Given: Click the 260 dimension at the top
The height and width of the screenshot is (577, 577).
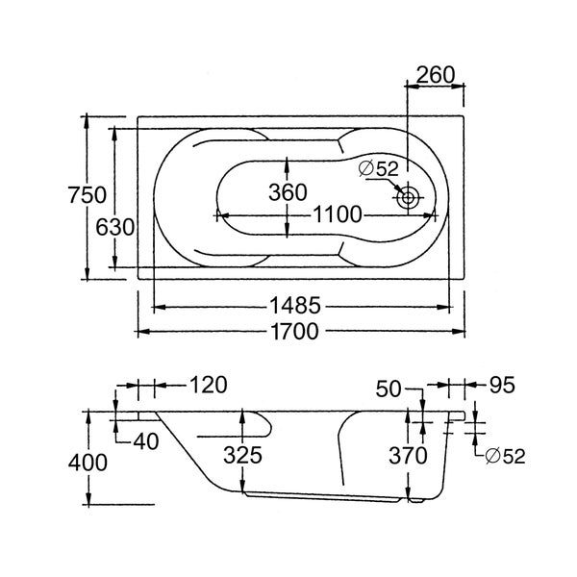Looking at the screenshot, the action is (x=436, y=75).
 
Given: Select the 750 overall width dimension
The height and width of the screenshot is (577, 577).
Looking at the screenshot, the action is (x=88, y=195).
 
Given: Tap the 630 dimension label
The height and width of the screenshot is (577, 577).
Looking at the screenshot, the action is (x=114, y=227).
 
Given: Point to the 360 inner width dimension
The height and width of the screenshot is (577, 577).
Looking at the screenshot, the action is (x=288, y=192).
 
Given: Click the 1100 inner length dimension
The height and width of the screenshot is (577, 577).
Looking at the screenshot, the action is (x=338, y=214).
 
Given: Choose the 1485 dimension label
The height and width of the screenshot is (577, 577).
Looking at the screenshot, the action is (x=295, y=306).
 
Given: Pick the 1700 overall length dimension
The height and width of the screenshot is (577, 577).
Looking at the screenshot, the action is (x=294, y=332).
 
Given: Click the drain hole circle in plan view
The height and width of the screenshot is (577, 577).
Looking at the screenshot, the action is (x=408, y=198).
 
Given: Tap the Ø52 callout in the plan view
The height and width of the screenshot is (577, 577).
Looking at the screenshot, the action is (x=379, y=169).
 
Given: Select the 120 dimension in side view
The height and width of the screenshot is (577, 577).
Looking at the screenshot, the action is (x=209, y=385).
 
